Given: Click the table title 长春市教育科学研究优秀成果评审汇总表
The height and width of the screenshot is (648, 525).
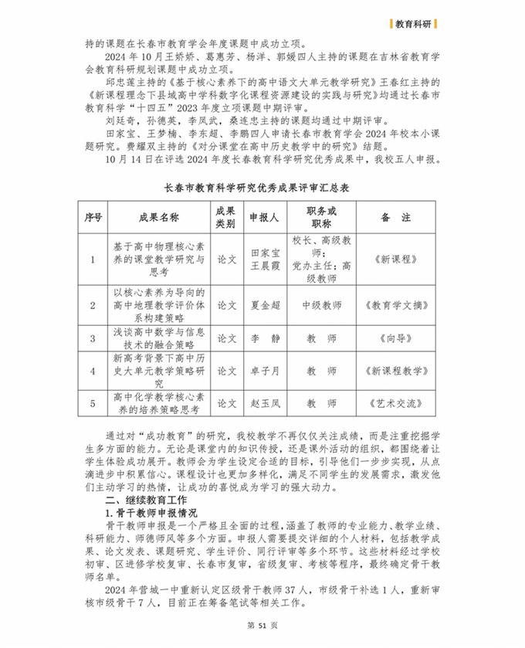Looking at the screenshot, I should (x=262, y=187).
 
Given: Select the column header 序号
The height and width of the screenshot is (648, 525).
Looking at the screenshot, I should (x=93, y=218).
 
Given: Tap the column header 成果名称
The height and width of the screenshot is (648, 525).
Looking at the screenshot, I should (x=158, y=218).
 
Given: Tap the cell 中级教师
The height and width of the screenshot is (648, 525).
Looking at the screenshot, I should (x=322, y=306).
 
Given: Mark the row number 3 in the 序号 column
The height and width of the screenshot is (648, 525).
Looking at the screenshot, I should (x=93, y=338).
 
